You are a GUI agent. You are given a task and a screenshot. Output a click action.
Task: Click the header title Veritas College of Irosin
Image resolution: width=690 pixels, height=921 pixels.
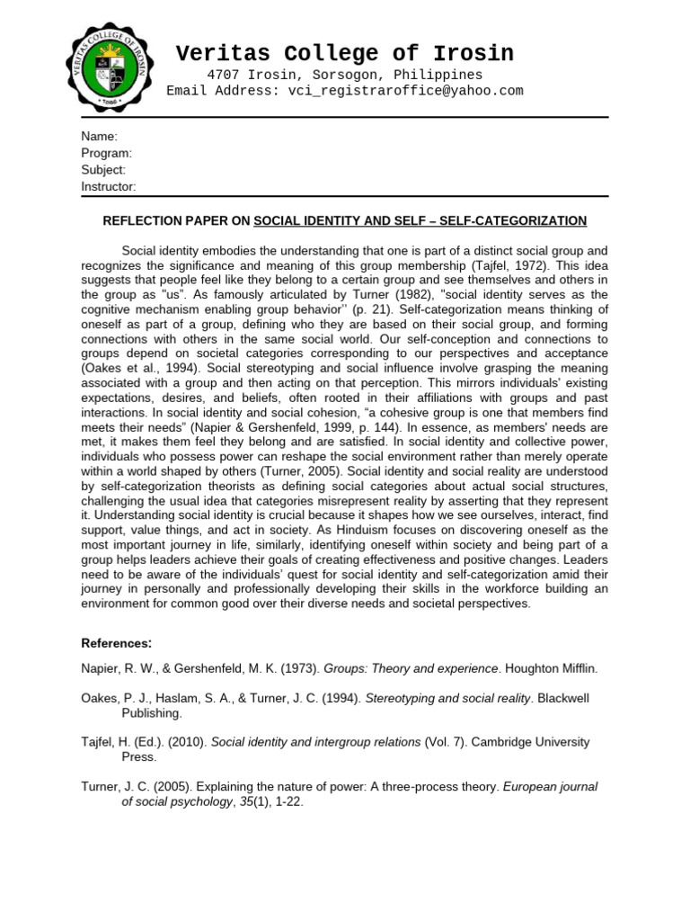click(x=345, y=53)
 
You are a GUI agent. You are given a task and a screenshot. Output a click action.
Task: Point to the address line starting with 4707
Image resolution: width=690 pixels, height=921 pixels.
click(x=345, y=75)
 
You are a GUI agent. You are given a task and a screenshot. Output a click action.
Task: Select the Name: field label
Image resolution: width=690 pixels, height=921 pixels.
click(x=99, y=137)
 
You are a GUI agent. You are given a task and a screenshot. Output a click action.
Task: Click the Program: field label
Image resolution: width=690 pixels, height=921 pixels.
click(x=106, y=153)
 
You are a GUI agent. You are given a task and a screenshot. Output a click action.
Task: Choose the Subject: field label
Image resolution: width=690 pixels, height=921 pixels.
click(x=103, y=170)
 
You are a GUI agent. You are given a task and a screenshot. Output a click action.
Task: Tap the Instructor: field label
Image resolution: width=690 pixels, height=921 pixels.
click(x=109, y=186)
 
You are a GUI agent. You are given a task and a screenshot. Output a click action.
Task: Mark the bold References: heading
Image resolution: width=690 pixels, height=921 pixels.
click(x=117, y=643)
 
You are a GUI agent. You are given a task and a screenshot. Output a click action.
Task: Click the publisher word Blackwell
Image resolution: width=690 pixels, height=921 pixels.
click(x=568, y=698)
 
